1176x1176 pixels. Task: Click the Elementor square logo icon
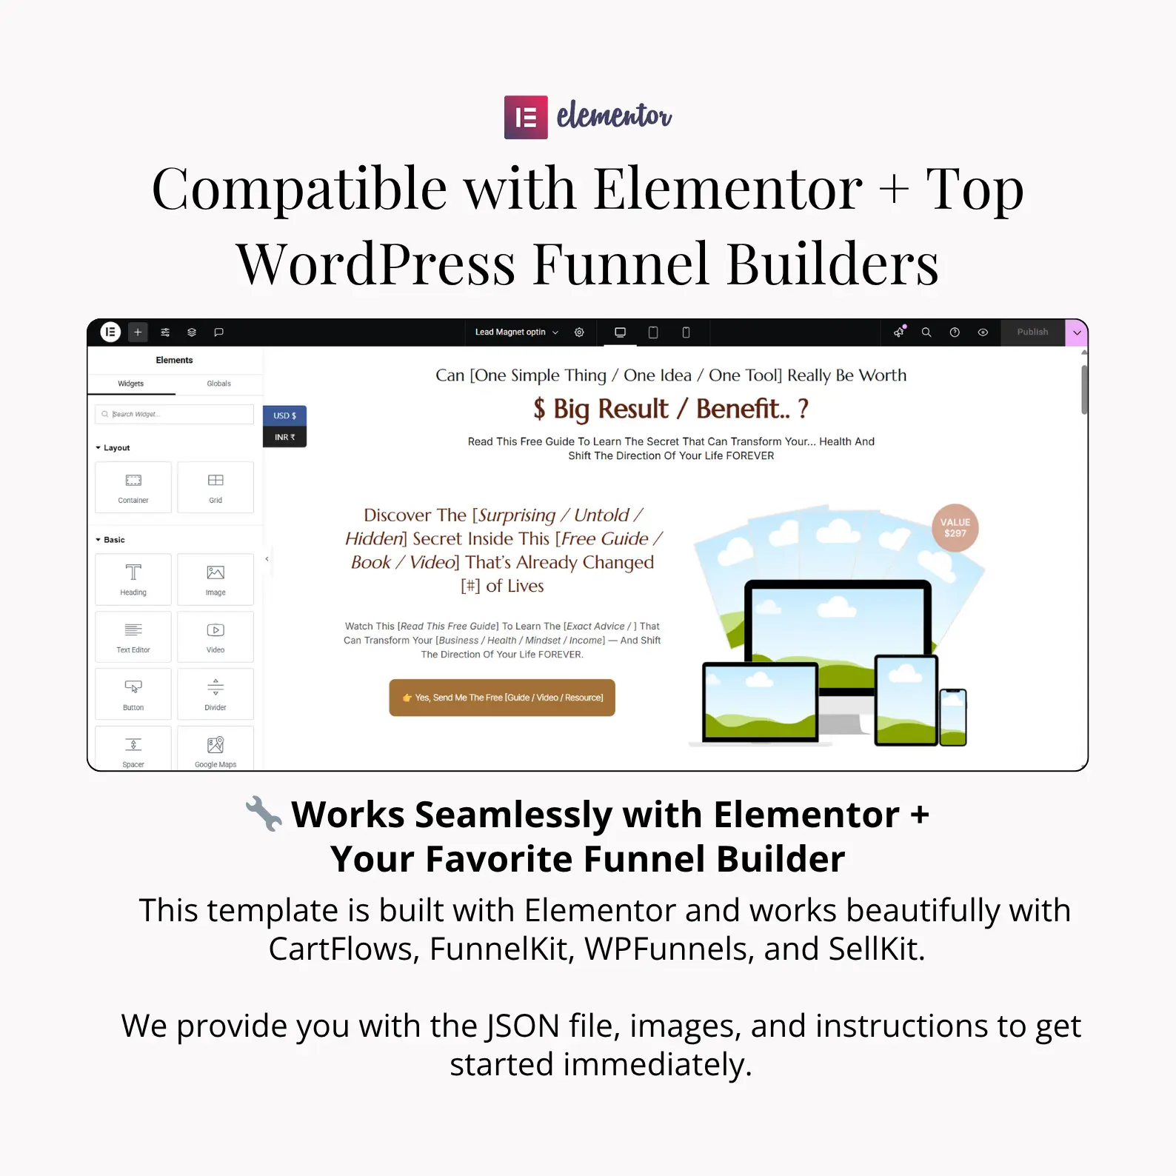point(526,117)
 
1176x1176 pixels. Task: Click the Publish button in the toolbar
point(1032,333)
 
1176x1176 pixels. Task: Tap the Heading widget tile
point(133,579)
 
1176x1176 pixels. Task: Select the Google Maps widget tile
point(216,748)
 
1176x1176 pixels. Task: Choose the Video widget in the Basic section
point(216,637)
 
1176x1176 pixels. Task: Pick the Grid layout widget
point(216,487)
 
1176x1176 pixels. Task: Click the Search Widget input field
point(175,414)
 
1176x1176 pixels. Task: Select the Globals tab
point(218,384)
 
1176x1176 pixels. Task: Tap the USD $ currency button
point(284,415)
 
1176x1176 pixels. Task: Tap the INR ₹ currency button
point(284,437)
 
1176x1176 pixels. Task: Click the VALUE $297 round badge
point(955,528)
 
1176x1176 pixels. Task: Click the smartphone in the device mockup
point(953,717)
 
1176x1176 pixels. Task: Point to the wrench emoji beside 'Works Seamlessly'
point(264,813)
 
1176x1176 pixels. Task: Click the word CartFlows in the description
point(344,949)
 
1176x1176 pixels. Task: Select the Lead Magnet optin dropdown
point(516,333)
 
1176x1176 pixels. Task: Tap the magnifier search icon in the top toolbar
point(926,333)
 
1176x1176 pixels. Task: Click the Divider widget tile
point(216,694)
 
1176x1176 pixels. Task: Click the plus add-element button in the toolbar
point(138,333)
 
